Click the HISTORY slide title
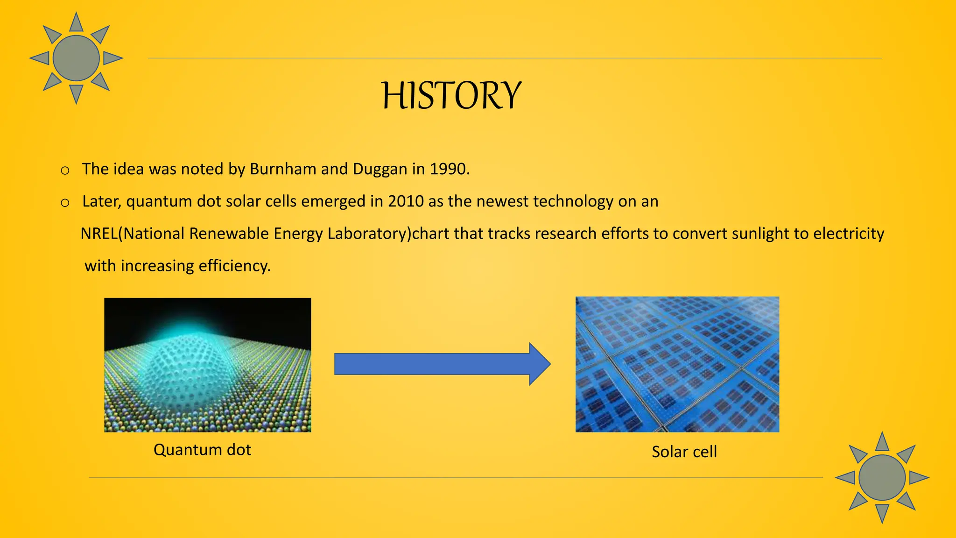(x=451, y=96)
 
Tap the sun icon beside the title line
(x=76, y=58)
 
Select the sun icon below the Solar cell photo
(x=882, y=478)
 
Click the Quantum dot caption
(x=202, y=450)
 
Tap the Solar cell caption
(x=684, y=452)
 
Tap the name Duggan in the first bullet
(x=380, y=169)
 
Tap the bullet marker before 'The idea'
(x=65, y=170)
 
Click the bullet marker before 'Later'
(x=65, y=203)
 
